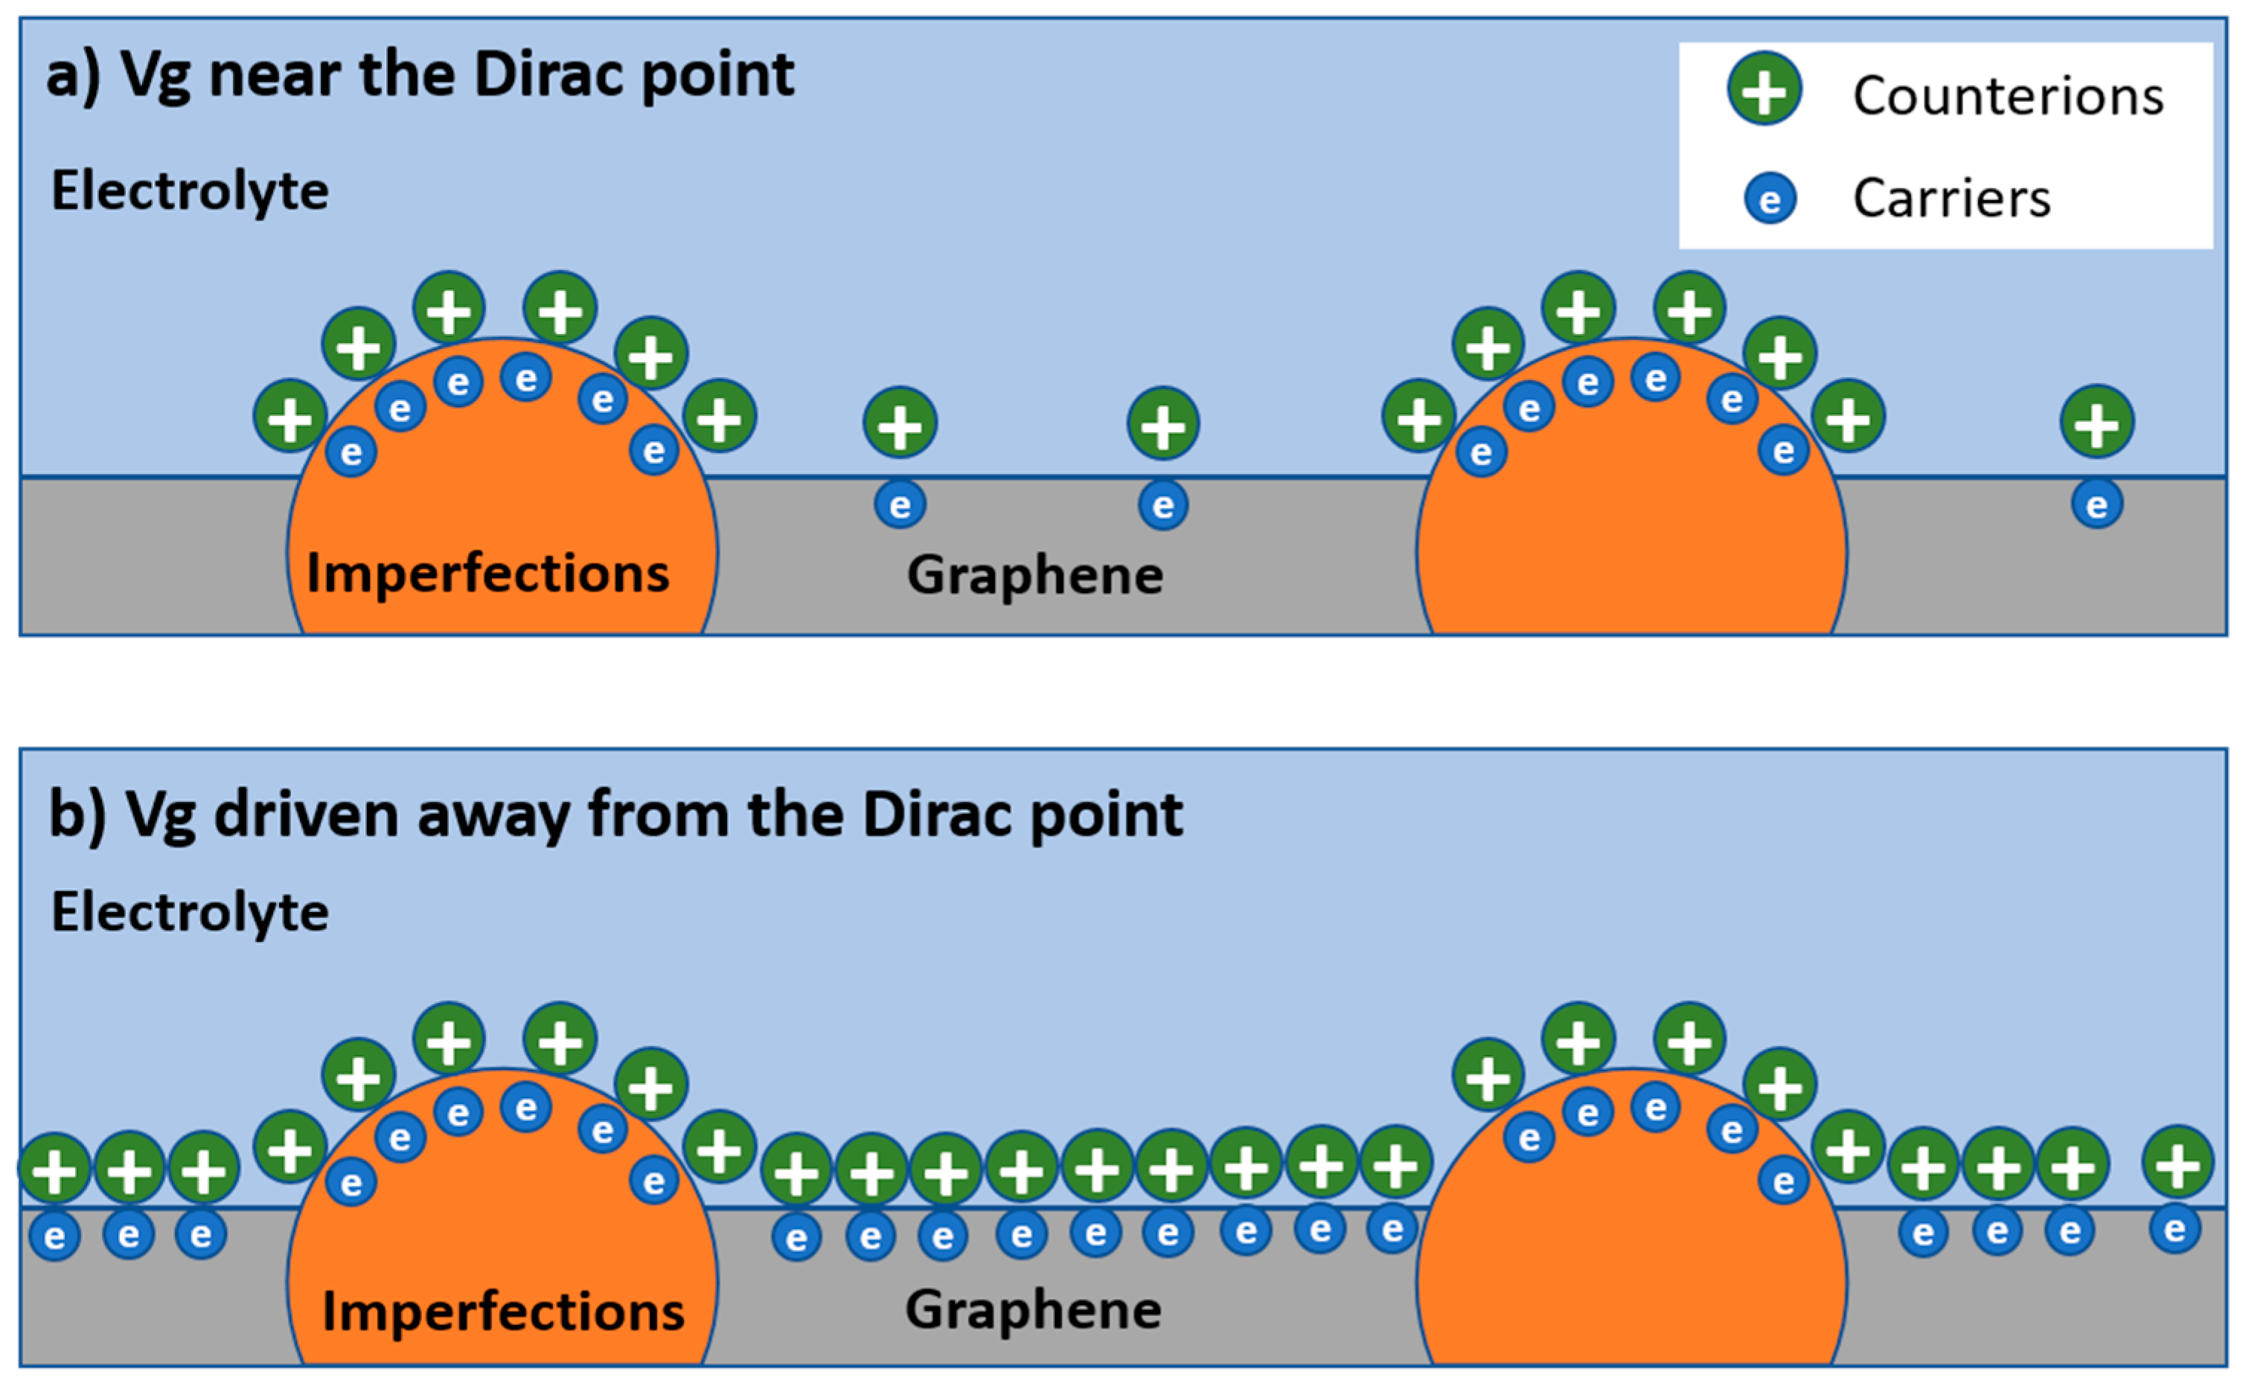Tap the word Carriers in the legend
1951,198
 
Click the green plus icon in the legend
1764,90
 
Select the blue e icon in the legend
1770,199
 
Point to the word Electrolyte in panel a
190,192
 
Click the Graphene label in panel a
1034,576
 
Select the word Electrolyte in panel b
190,912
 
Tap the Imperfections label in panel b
502,1312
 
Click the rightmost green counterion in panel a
2096,423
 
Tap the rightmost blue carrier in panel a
2096,504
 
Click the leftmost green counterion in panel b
55,1169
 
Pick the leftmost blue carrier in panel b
55,1236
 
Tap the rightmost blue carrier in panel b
2175,1228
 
